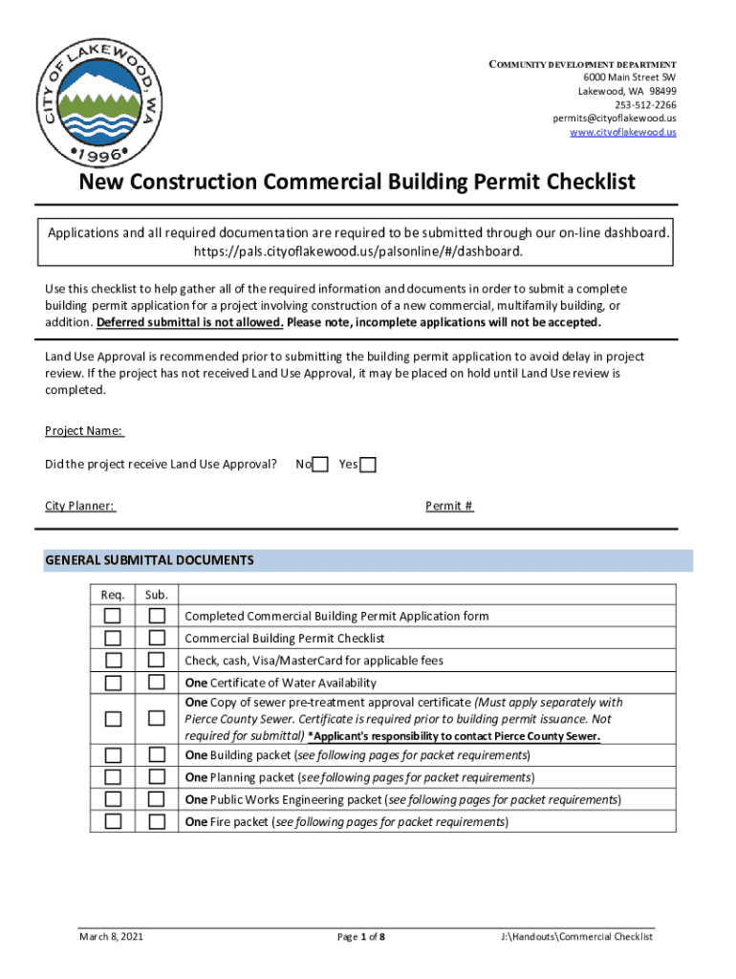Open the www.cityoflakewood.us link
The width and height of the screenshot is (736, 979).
622,132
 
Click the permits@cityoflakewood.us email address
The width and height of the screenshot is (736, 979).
614,118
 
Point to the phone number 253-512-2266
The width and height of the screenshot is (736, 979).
645,104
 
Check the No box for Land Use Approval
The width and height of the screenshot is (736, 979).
321,465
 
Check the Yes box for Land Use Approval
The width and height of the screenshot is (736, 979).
368,465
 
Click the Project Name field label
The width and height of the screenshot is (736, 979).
84,431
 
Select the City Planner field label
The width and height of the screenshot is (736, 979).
80,506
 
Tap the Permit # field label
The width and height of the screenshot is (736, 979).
449,506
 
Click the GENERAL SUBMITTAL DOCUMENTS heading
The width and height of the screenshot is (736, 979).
149,560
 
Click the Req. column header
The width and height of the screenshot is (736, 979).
113,596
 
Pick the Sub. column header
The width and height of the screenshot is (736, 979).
157,596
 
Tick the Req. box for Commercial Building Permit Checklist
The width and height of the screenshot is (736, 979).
113,638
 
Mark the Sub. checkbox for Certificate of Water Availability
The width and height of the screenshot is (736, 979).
157,683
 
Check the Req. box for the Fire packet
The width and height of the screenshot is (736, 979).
113,821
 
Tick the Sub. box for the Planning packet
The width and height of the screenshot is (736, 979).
157,777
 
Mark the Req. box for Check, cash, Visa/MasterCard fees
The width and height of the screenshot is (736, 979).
113,661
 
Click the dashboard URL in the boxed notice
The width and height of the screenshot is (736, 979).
358,251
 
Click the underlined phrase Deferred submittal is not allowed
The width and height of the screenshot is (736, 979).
190,322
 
